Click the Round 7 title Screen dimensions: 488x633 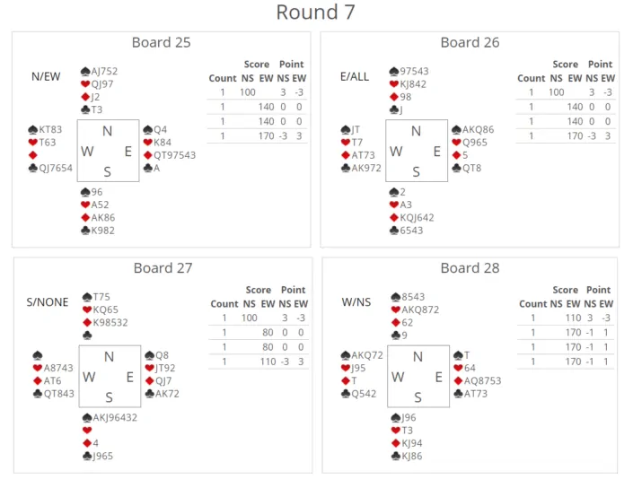coord(315,13)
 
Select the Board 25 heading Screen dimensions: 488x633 coord(161,42)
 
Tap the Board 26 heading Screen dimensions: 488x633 coord(470,42)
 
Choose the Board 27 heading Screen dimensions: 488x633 coord(163,268)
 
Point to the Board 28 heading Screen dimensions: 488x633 coord(470,268)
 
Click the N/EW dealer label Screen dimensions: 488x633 coord(46,76)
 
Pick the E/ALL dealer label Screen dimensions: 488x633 coord(355,76)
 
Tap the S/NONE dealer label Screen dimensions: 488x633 coord(48,302)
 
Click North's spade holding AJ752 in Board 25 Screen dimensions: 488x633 coord(104,71)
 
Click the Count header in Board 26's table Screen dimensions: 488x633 coord(532,78)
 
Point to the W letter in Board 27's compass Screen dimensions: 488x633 coord(89,378)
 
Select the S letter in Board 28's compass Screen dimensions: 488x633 coord(418,397)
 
